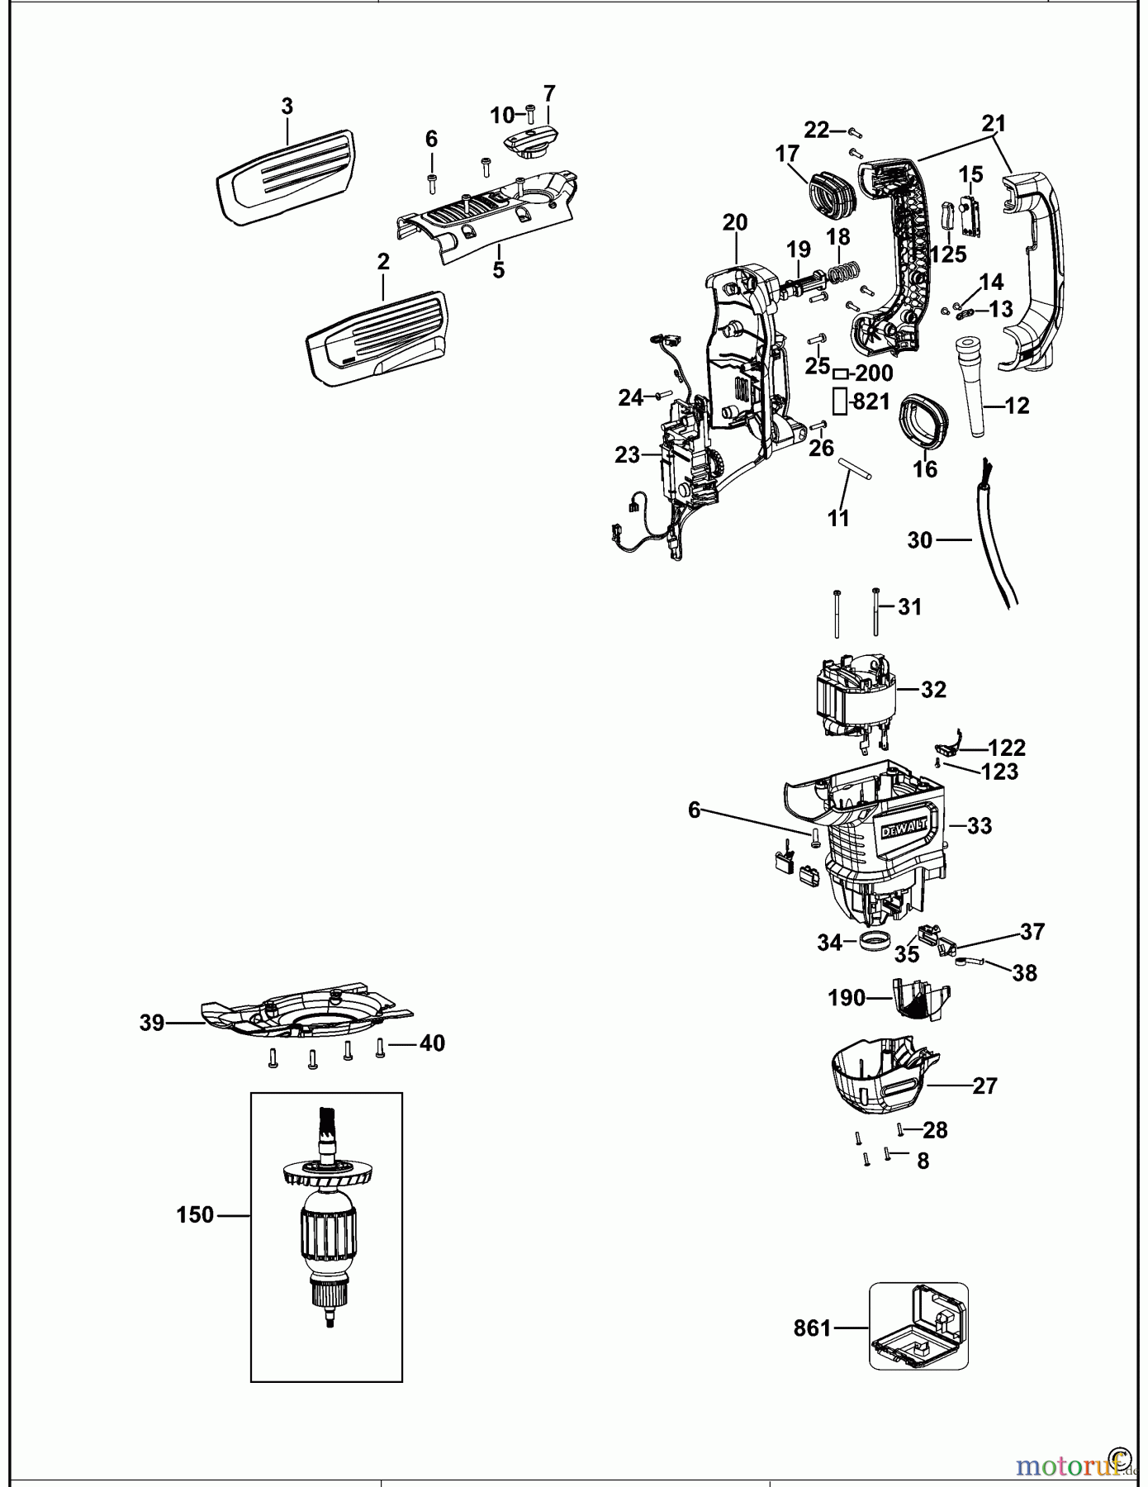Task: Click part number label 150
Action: click(x=195, y=1215)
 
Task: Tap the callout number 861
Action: click(x=812, y=1328)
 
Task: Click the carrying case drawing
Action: click(x=918, y=1326)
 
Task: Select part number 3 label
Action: click(x=287, y=107)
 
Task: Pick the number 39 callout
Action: click(x=152, y=1023)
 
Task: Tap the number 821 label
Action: click(x=871, y=401)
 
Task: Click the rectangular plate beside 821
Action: click(x=839, y=401)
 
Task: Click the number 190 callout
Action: click(x=847, y=998)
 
